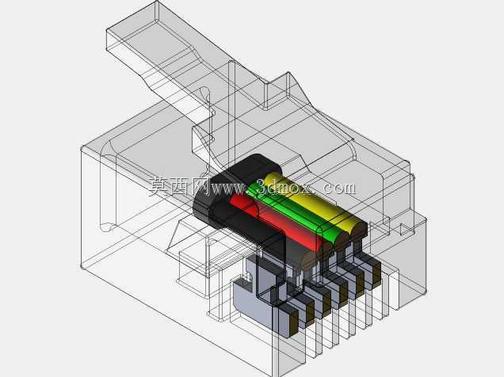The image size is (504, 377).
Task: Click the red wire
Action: [x=277, y=222]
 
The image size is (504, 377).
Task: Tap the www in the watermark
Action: [x=227, y=189]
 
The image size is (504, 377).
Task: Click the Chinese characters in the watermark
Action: [x=179, y=187]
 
